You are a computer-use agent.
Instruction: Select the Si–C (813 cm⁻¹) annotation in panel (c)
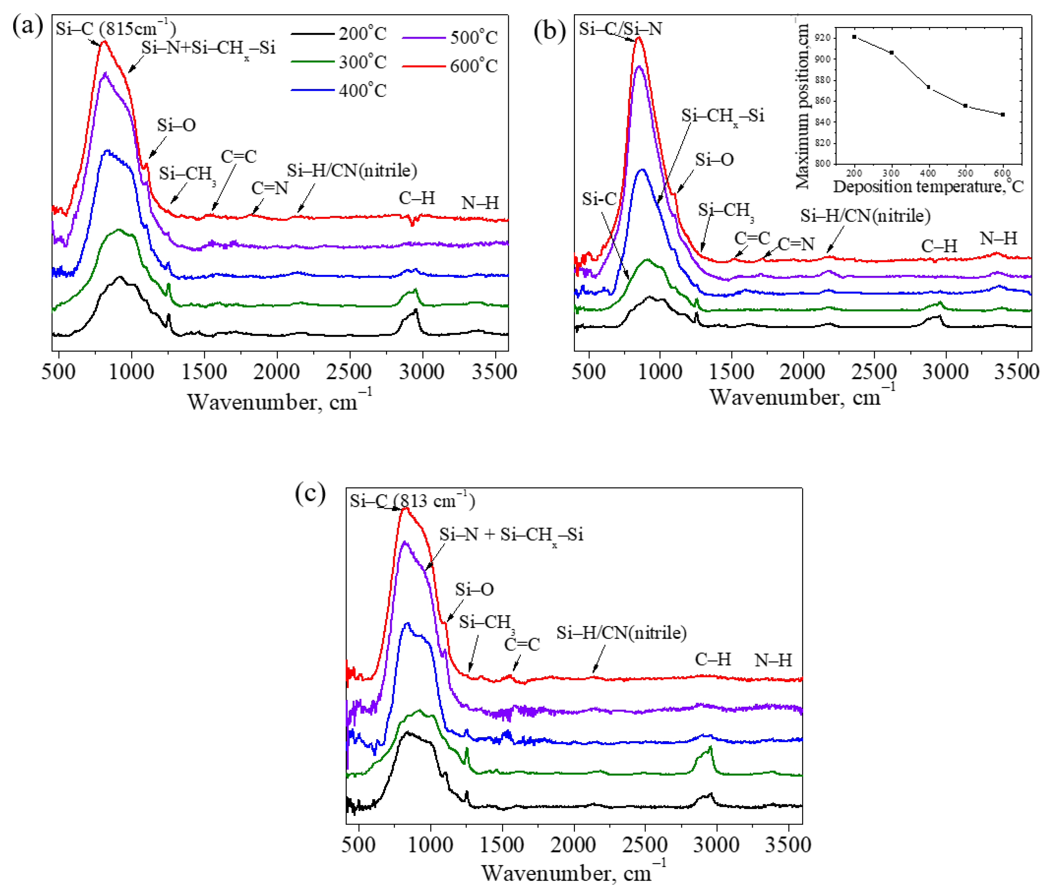412,501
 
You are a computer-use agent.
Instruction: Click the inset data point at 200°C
854,37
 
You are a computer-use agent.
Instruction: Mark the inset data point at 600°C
1003,114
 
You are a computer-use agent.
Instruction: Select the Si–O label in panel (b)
714,160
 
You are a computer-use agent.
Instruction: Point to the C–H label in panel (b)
939,246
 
